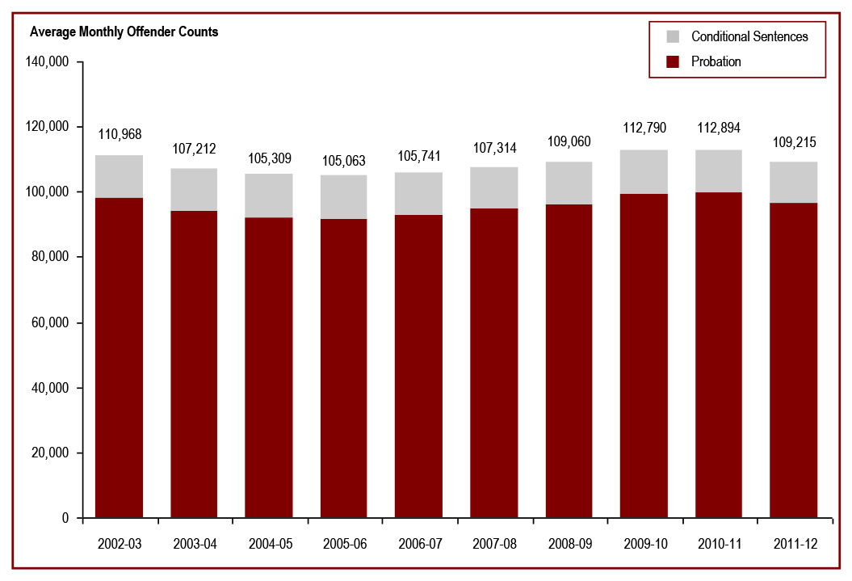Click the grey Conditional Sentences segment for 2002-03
(x=120, y=176)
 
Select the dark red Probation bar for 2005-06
(x=344, y=368)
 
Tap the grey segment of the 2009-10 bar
(x=644, y=171)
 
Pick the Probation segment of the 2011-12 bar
(x=793, y=360)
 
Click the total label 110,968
(x=120, y=134)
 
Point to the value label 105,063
(x=344, y=161)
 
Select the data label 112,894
(x=718, y=128)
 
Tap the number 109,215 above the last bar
(x=793, y=142)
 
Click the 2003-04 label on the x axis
(x=195, y=544)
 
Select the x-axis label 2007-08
(x=494, y=544)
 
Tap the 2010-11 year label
(x=718, y=544)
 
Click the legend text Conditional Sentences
(x=749, y=36)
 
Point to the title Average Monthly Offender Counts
(x=124, y=33)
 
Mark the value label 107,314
(x=494, y=148)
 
